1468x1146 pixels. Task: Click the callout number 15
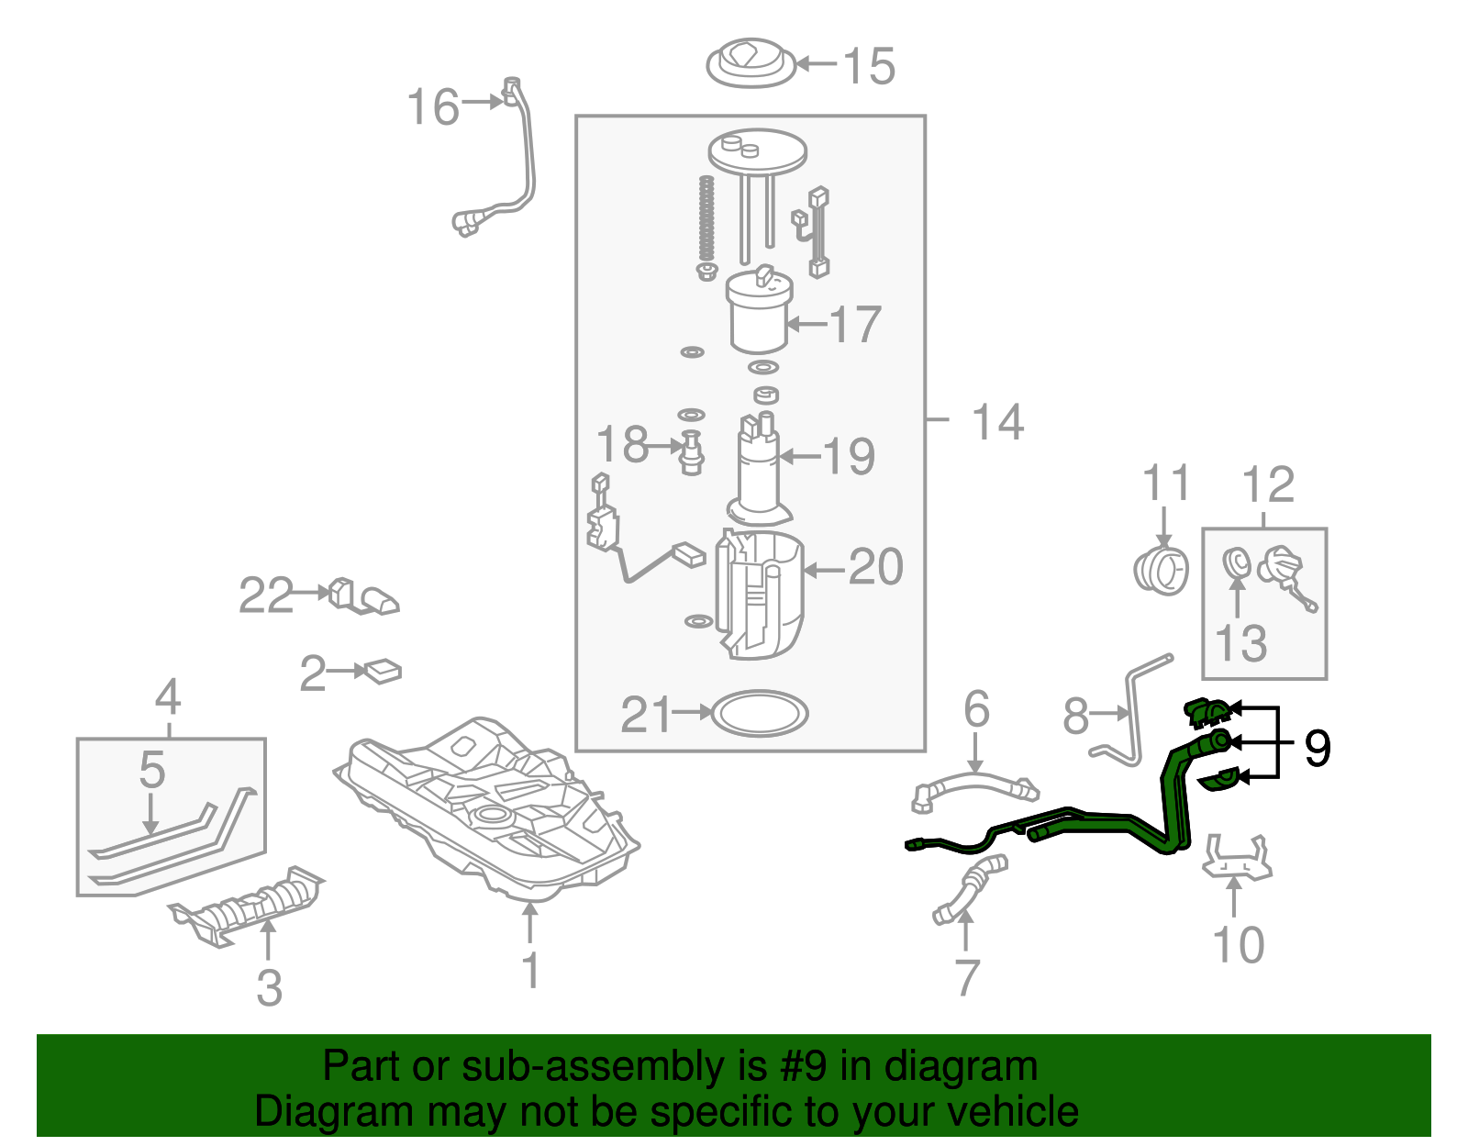tap(869, 66)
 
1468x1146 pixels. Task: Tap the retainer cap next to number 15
tap(751, 63)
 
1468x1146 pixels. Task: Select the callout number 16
tap(432, 107)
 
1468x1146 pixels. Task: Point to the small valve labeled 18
tap(692, 451)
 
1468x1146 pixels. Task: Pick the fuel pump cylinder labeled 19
tap(759, 468)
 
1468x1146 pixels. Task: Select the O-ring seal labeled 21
tap(760, 713)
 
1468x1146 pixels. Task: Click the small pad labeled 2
tap(384, 672)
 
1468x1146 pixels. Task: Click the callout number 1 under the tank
tap(530, 970)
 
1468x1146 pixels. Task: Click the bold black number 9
tap(1317, 749)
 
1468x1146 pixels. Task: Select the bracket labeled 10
tap(1236, 857)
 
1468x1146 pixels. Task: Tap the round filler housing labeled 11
tap(1162, 569)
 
